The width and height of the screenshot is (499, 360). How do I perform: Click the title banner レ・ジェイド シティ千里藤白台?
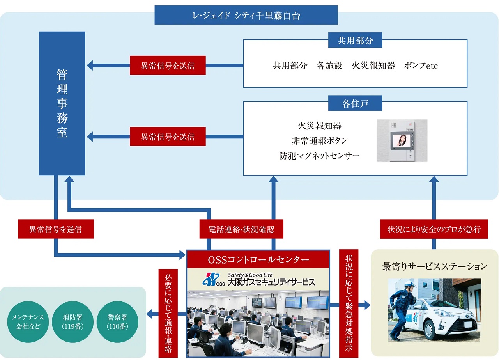pyautogui.click(x=246, y=15)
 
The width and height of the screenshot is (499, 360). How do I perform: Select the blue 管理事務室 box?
pyautogui.click(x=62, y=103)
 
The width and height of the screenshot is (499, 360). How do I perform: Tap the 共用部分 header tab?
pyautogui.click(x=355, y=40)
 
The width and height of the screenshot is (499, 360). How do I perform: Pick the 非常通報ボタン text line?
pyautogui.click(x=319, y=141)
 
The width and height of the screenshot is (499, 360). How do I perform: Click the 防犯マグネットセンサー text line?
pyautogui.click(x=319, y=156)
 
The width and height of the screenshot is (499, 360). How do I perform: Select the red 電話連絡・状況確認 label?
pyautogui.click(x=241, y=229)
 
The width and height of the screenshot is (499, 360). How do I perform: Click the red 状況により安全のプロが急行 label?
pyautogui.click(x=434, y=229)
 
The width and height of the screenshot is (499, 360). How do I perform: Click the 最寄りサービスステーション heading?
pyautogui.click(x=435, y=266)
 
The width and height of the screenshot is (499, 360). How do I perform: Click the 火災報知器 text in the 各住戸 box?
pyautogui.click(x=319, y=126)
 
